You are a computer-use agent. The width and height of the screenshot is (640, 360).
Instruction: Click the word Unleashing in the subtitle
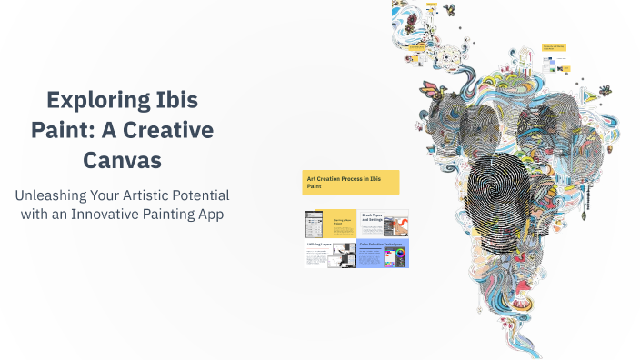click(x=50, y=195)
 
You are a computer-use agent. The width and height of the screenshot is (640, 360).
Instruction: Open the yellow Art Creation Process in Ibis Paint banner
click(x=351, y=182)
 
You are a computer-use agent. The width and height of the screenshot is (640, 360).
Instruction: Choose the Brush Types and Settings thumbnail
click(x=384, y=223)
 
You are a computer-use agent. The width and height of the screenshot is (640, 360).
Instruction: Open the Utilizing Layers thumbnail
click(x=330, y=254)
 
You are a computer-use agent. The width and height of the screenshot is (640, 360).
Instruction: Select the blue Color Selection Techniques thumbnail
click(x=384, y=254)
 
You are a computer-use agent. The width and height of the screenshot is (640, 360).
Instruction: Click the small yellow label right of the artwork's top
click(x=554, y=46)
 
